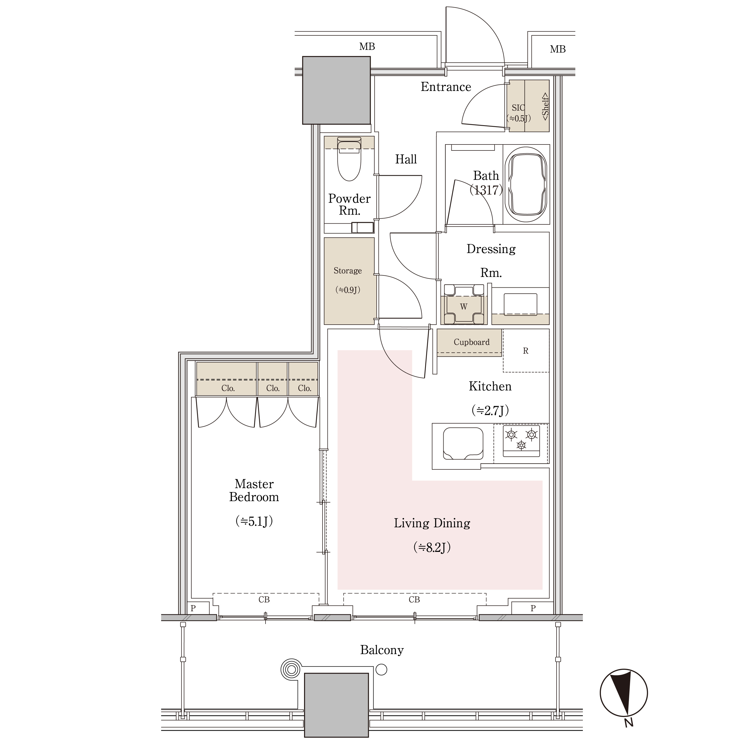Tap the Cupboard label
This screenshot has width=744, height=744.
471,342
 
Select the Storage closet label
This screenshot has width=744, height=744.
348,271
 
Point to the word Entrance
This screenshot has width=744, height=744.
446,87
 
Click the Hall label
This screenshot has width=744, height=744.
406,159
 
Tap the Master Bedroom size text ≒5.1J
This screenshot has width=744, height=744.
254,521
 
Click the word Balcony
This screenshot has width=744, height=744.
382,650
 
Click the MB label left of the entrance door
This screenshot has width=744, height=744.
367,47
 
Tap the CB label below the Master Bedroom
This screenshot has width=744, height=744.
264,600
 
